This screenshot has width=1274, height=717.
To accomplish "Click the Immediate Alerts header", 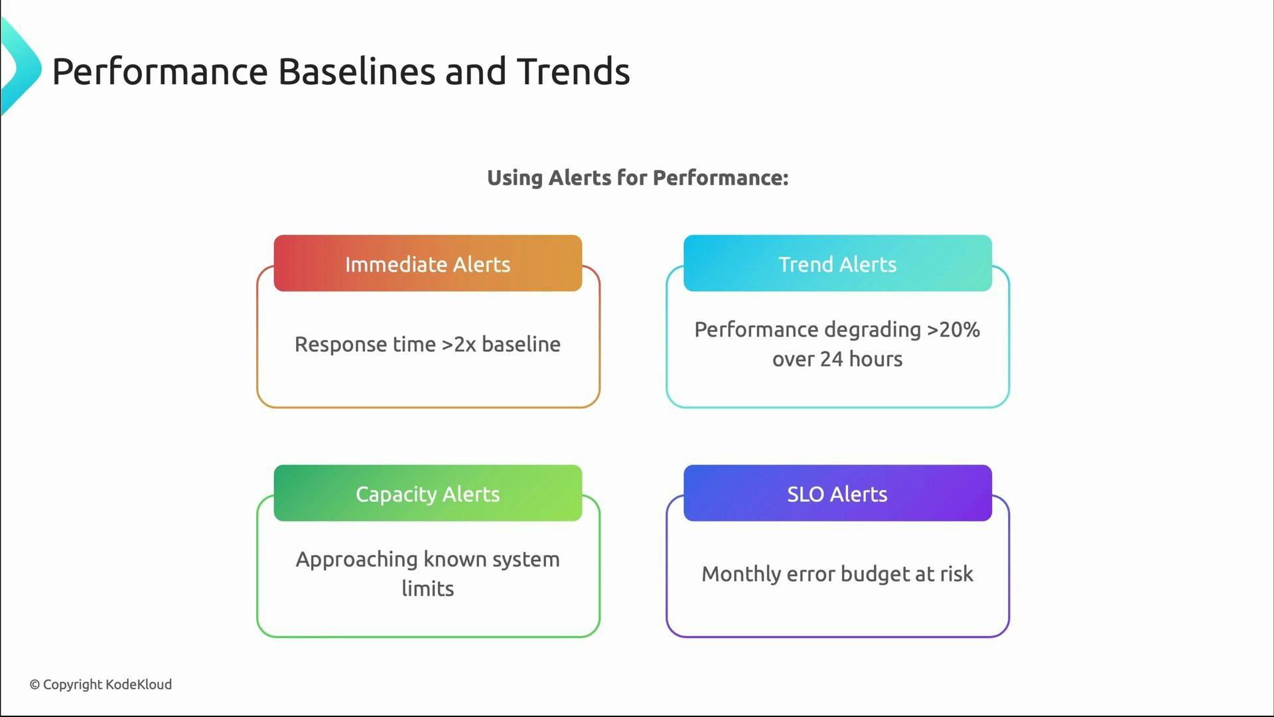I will (427, 264).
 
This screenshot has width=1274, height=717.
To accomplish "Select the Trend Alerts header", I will (837, 264).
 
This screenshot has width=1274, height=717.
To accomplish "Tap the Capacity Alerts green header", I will (427, 493).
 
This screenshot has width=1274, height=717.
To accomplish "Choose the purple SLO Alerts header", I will (837, 493).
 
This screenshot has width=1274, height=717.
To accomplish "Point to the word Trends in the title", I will (573, 72).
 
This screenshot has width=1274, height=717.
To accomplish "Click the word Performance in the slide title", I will (160, 72).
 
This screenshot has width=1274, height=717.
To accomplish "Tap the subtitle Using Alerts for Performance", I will (638, 178).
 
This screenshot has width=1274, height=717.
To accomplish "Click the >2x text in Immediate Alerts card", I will (459, 344).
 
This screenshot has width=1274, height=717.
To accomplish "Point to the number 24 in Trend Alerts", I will (831, 358).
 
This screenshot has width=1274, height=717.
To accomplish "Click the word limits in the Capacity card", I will (427, 588).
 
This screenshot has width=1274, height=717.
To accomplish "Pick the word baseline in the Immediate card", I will (521, 344).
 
